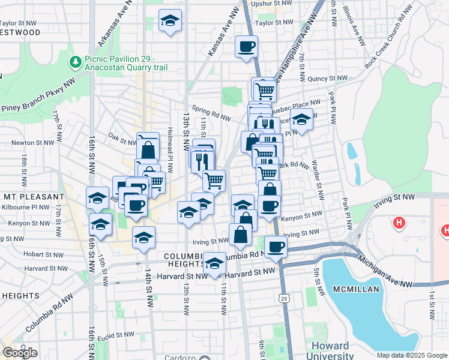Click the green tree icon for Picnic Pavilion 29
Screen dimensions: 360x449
(x=76, y=62)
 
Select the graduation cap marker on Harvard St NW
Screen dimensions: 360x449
(x=214, y=264)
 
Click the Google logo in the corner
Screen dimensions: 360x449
(x=20, y=353)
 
